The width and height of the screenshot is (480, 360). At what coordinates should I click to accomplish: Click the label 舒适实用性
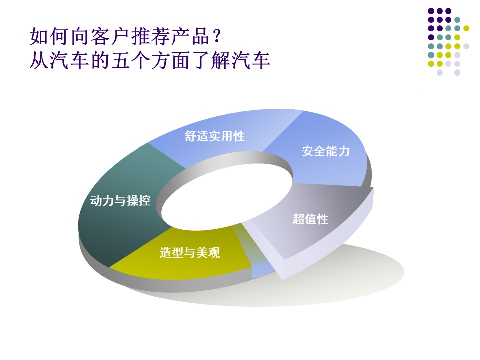tap(215, 136)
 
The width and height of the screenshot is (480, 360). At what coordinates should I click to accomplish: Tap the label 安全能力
tap(326, 151)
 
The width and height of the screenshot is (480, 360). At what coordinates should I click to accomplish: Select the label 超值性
tap(310, 219)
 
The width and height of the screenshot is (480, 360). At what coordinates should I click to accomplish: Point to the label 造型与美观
tap(190, 253)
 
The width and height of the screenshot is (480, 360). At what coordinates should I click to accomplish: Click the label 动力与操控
tap(120, 201)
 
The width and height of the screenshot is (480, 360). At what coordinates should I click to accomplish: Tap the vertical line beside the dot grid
tap(418, 48)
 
